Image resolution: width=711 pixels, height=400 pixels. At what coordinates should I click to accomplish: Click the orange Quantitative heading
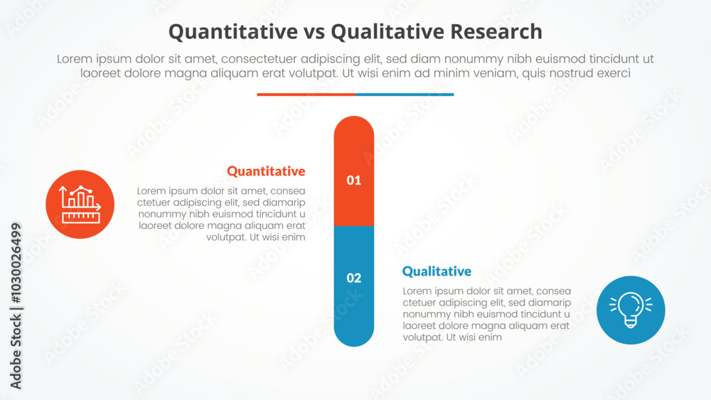[x=266, y=171]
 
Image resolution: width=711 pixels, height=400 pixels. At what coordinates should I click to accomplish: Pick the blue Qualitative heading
[x=437, y=271]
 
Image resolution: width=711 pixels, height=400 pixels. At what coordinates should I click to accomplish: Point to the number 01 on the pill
[x=354, y=180]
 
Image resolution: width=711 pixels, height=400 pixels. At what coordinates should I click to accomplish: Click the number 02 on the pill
[x=354, y=278]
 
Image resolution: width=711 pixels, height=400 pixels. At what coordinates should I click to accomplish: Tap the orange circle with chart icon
[x=80, y=204]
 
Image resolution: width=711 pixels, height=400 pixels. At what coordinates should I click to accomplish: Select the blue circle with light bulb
[x=631, y=310]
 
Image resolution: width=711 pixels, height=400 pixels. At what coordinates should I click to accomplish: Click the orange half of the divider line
[x=306, y=94]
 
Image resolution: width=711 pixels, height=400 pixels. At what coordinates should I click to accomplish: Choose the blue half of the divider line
[x=404, y=94]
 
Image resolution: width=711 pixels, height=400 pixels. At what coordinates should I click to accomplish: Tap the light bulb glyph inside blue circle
[x=629, y=309]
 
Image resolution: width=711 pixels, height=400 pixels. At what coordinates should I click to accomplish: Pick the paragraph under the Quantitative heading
[x=222, y=214]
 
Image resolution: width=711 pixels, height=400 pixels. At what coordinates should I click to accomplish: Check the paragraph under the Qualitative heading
[x=486, y=314]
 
